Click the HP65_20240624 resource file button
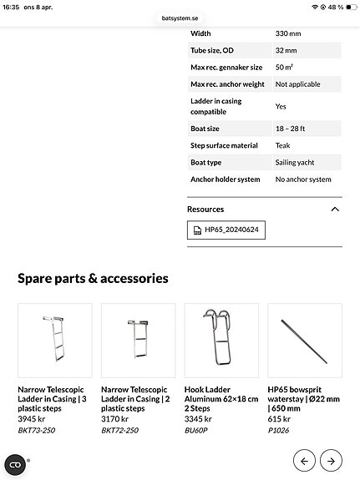226,230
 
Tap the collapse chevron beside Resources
335,210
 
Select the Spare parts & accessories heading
93,279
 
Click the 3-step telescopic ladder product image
55,341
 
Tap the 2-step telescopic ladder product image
139,341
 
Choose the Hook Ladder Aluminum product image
221,341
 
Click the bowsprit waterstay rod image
304,341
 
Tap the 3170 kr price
115,419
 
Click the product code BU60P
197,430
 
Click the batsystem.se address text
180,18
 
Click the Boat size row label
205,129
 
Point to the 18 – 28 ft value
292,129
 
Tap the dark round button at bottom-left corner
15,465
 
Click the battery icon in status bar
347,7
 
